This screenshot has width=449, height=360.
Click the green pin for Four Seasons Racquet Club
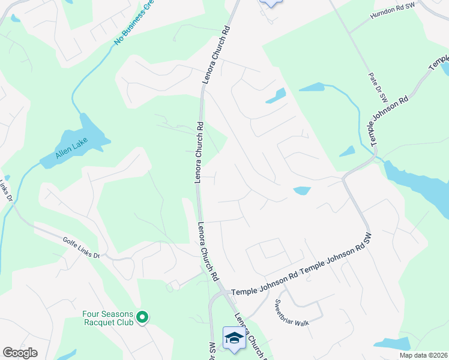pyautogui.click(x=142, y=316)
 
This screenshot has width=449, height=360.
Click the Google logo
pyautogui.click(x=20, y=353)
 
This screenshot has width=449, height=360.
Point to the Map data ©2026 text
pyautogui.click(x=424, y=355)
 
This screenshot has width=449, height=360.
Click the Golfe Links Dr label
pyautogui.click(x=81, y=247)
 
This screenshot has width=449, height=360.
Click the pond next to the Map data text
pyautogui.click(x=391, y=344)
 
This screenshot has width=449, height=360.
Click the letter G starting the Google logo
pyautogui.click(x=8, y=353)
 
